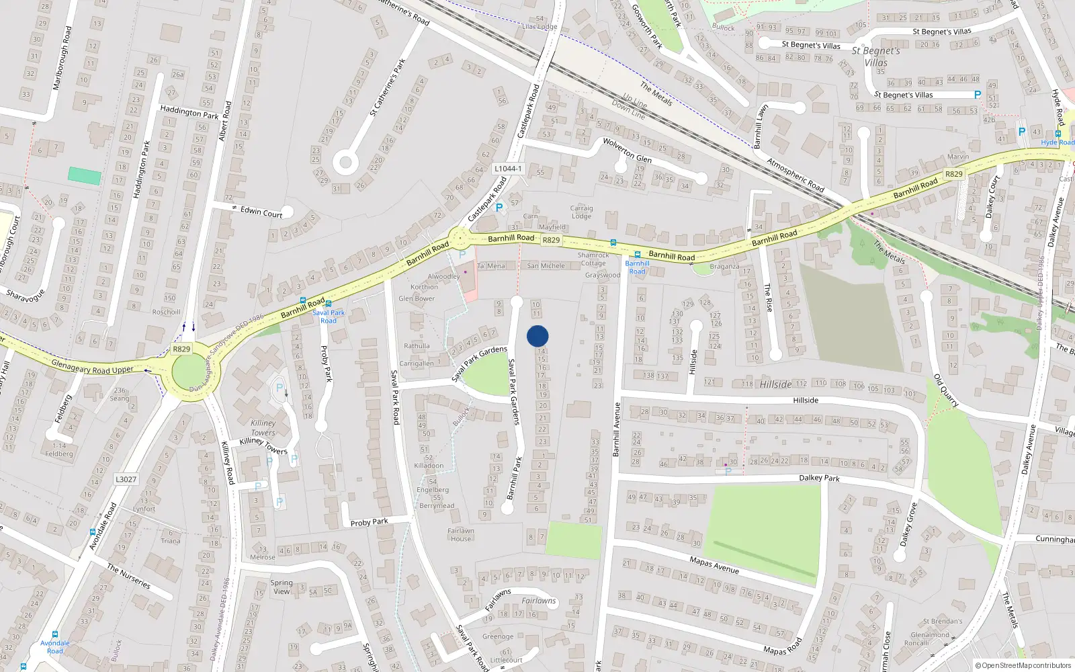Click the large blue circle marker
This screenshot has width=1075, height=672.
coord(537,336)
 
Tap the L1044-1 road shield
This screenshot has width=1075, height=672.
coord(508,169)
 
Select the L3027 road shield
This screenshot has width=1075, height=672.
coord(126,479)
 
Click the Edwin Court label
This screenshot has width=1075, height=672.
coord(261,212)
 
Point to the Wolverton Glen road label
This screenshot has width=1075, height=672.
coord(627,151)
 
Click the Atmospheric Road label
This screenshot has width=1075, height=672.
coord(795,175)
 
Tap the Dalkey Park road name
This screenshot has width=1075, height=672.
coord(819,478)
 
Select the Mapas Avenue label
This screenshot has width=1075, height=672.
coord(714,564)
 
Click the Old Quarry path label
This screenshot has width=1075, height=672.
coord(946,390)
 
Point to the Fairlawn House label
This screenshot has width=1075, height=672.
coord(461,534)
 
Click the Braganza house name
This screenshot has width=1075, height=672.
coord(724,266)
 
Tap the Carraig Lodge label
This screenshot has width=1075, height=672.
coord(581,212)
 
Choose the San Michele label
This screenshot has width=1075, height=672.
coord(546,266)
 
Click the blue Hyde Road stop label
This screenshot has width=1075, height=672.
coord(1058,142)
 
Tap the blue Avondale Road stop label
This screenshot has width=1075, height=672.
coord(54,646)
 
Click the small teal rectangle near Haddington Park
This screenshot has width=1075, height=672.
coord(85,176)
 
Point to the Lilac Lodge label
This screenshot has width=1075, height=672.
coord(540,27)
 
